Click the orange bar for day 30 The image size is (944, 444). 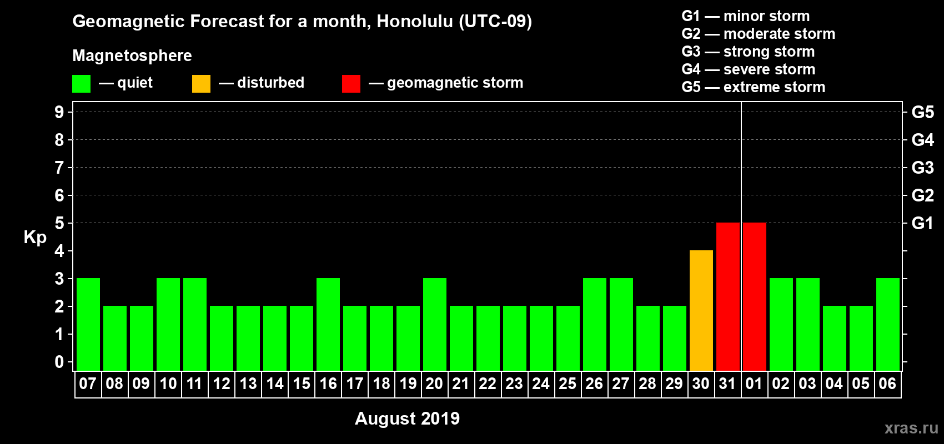pyautogui.click(x=701, y=310)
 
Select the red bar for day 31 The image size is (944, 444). pyautogui.click(x=728, y=296)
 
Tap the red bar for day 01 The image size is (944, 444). pyautogui.click(x=754, y=296)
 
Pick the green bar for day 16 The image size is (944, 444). pyautogui.click(x=328, y=324)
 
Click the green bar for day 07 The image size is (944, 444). pyautogui.click(x=88, y=324)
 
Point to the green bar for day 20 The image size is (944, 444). pyautogui.click(x=434, y=324)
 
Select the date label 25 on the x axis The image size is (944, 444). pyautogui.click(x=568, y=384)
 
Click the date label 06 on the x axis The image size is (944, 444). pyautogui.click(x=887, y=384)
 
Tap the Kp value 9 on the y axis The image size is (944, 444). pyautogui.click(x=59, y=112)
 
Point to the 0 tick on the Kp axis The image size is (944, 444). pyautogui.click(x=59, y=362)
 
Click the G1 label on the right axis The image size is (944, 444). pyautogui.click(x=922, y=223)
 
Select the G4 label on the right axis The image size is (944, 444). pyautogui.click(x=922, y=140)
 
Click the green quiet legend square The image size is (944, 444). pyautogui.click(x=81, y=83)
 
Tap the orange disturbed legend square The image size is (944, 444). pyautogui.click(x=201, y=83)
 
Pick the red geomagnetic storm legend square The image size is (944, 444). pyautogui.click(x=351, y=83)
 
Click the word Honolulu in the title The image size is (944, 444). pyautogui.click(x=415, y=21)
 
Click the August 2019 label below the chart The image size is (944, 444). pyautogui.click(x=407, y=418)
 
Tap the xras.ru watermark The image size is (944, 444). pyautogui.click(x=912, y=428)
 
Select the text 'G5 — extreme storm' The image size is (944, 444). pyautogui.click(x=753, y=87)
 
